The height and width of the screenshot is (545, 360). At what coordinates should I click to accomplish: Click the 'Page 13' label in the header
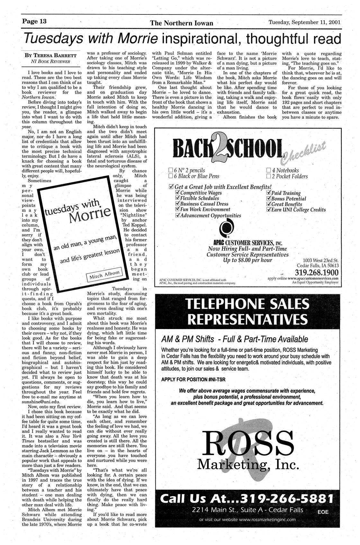click(x=34, y=22)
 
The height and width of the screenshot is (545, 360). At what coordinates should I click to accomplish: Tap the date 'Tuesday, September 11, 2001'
click(x=304, y=22)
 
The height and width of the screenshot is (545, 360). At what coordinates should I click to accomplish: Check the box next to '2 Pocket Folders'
click(x=269, y=176)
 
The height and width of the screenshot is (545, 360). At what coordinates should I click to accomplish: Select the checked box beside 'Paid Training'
click(x=269, y=193)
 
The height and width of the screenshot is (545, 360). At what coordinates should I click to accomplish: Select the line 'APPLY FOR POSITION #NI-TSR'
click(x=193, y=380)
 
